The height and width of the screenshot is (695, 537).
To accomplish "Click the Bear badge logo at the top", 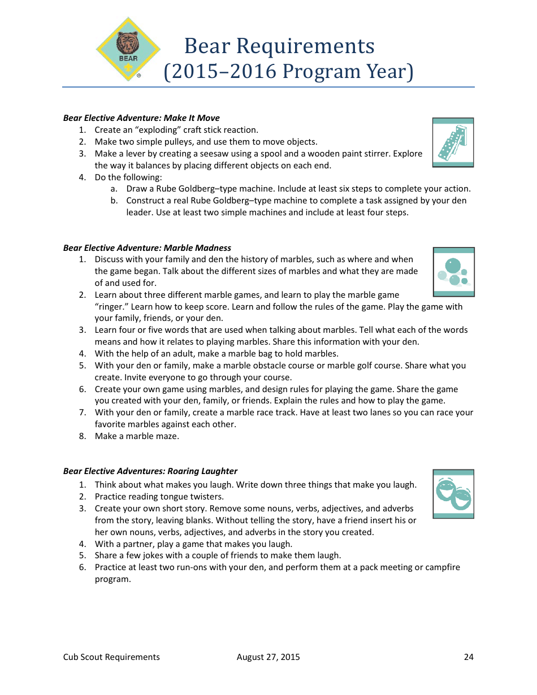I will pyautogui.click(x=128, y=49).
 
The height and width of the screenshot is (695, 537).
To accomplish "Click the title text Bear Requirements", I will pyautogui.click(x=279, y=46).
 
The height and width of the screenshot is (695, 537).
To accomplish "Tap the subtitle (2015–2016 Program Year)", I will pyautogui.click(x=288, y=72).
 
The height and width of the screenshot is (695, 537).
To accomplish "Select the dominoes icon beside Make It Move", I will pyautogui.click(x=453, y=142).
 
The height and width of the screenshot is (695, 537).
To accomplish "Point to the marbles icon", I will pyautogui.click(x=453, y=272).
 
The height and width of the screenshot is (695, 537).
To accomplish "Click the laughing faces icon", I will pyautogui.click(x=453, y=494).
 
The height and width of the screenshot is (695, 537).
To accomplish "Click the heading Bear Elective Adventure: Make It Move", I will pyautogui.click(x=141, y=118).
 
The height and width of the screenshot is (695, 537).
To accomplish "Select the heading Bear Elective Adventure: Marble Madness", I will pyautogui.click(x=147, y=248).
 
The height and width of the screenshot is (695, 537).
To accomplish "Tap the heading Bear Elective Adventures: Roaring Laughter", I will pyautogui.click(x=150, y=471).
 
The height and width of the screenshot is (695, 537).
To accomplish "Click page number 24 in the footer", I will pyautogui.click(x=469, y=657).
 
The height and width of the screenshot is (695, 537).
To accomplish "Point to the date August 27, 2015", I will pyautogui.click(x=268, y=657).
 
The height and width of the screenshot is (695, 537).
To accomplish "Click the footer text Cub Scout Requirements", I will pyautogui.click(x=111, y=657).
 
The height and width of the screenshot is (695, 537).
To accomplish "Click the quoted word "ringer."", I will pyautogui.click(x=111, y=307).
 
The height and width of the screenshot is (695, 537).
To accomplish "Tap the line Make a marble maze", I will pyautogui.click(x=137, y=436).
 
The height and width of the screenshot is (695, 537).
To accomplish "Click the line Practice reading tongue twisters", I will pyautogui.click(x=159, y=497).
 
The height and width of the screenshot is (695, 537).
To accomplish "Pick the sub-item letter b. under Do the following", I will pyautogui.click(x=114, y=201).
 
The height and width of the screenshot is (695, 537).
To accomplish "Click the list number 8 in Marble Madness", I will pyautogui.click(x=83, y=436).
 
